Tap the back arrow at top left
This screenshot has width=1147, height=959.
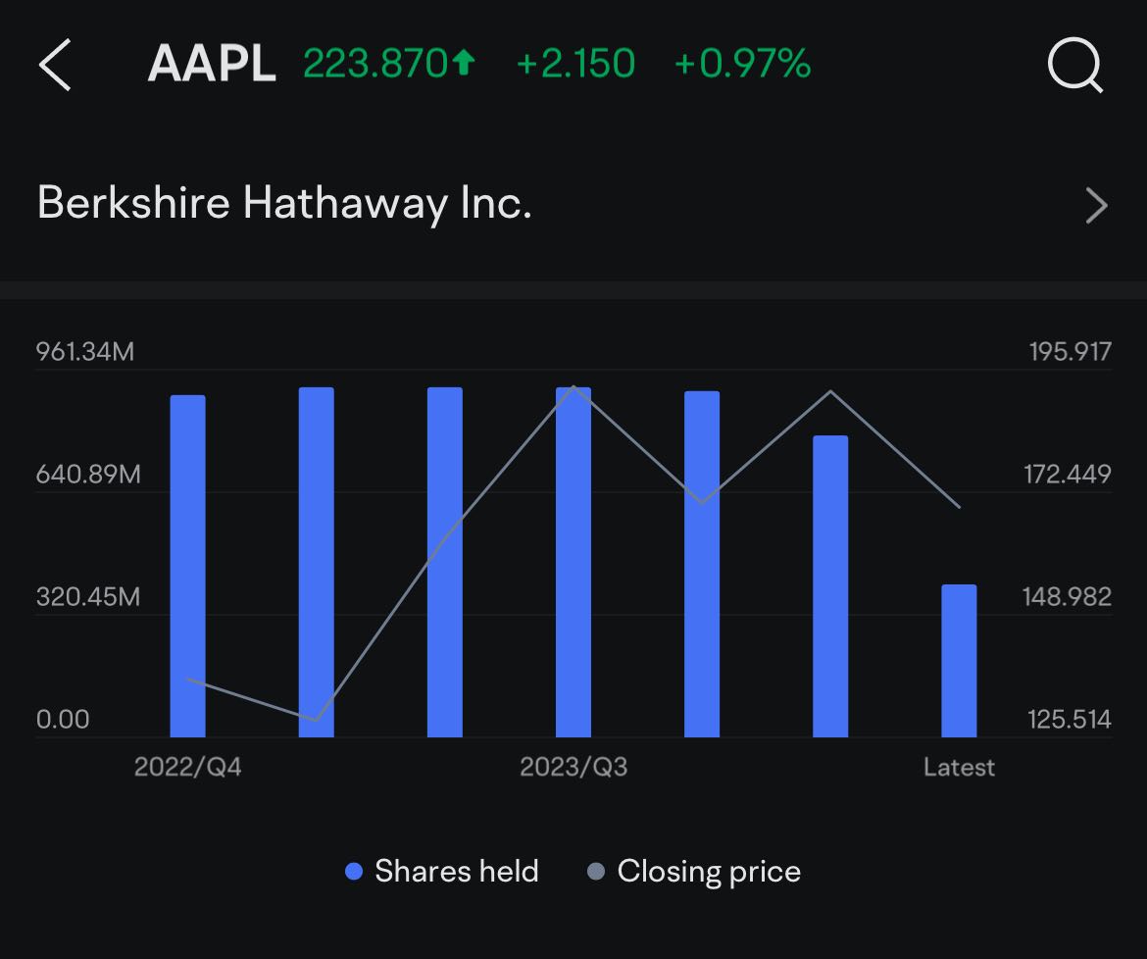pyautogui.click(x=54, y=65)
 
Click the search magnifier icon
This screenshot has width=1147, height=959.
pyautogui.click(x=1075, y=66)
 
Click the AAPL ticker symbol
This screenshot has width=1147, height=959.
pyautogui.click(x=212, y=64)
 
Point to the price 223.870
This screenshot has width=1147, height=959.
pyautogui.click(x=375, y=64)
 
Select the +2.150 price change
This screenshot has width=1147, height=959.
pyautogui.click(x=575, y=64)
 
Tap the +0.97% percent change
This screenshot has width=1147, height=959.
pyautogui.click(x=742, y=64)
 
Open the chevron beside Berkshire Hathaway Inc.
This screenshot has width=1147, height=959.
pyautogui.click(x=1097, y=206)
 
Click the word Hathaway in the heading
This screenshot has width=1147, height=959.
pyautogui.click(x=344, y=203)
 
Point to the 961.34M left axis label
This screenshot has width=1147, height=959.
pyautogui.click(x=85, y=352)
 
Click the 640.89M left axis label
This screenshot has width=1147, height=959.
pyautogui.click(x=88, y=475)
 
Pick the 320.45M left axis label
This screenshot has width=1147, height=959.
pyautogui.click(x=88, y=597)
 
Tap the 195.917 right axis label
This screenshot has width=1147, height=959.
pyautogui.click(x=1071, y=352)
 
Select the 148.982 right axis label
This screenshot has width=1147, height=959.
pyautogui.click(x=1068, y=597)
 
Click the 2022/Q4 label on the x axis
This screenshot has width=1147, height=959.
pyautogui.click(x=188, y=768)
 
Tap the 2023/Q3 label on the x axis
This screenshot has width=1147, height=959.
pyautogui.click(x=573, y=768)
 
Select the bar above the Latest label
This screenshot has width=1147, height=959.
pyautogui.click(x=959, y=661)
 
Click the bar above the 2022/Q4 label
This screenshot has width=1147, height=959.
pyautogui.click(x=188, y=566)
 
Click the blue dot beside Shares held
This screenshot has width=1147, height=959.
pyautogui.click(x=354, y=871)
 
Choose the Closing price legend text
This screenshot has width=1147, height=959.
pyautogui.click(x=709, y=872)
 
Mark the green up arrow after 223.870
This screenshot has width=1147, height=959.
pyautogui.click(x=464, y=63)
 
